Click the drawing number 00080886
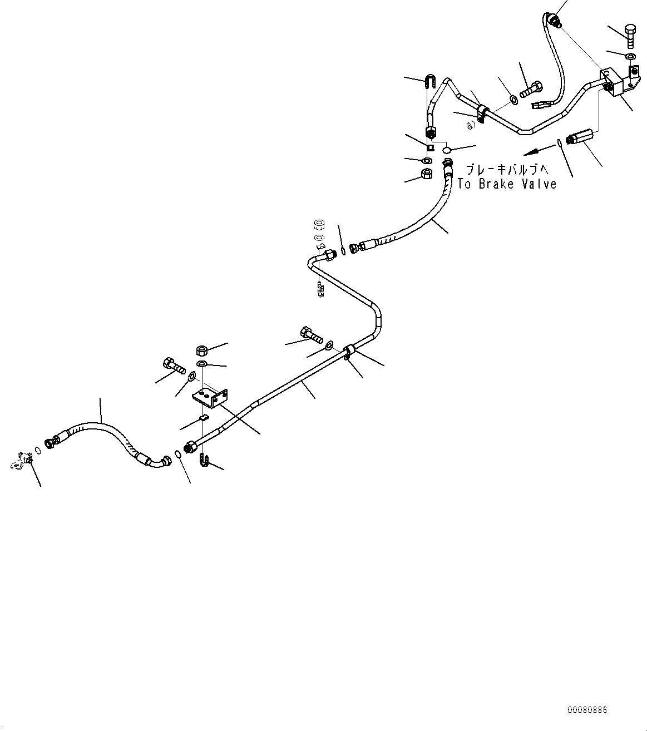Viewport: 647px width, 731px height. coord(587,710)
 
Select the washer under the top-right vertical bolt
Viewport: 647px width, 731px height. coord(629,57)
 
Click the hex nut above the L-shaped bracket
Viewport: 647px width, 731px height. coord(203,350)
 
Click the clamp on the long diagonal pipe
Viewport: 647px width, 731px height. coord(350,352)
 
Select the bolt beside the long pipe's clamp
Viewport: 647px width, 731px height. coord(311,335)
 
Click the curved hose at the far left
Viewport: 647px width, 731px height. coord(106,433)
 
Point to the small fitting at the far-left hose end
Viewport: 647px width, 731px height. coord(23,460)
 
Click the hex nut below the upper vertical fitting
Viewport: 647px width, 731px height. coord(427,175)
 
